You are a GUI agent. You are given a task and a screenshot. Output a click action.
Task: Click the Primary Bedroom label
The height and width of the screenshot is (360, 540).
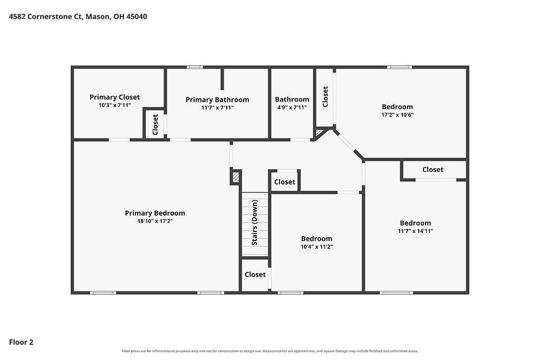(x=155, y=213)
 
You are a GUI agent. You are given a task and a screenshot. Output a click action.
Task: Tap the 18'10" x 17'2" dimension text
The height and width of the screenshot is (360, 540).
(x=155, y=221)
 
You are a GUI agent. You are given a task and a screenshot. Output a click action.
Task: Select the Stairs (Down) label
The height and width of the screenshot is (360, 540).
(x=255, y=222)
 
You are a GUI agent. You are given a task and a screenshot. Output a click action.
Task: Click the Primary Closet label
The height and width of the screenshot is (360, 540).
(x=114, y=97)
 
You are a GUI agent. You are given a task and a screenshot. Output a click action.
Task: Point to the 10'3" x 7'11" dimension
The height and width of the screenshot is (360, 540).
(x=114, y=105)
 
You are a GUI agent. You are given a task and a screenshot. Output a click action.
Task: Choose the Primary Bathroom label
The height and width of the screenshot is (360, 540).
(x=217, y=100)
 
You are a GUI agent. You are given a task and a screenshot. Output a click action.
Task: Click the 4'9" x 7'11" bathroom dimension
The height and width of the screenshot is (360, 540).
(x=292, y=108)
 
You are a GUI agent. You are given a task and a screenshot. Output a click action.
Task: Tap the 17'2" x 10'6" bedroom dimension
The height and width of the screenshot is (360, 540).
(x=398, y=115)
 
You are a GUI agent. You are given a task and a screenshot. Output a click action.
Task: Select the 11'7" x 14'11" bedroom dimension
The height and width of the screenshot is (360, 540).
(x=416, y=231)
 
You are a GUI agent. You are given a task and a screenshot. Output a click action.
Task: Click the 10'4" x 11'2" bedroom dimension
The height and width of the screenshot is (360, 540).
(x=316, y=247)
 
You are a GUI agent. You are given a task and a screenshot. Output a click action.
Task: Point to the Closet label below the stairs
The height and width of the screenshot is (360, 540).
(x=255, y=275)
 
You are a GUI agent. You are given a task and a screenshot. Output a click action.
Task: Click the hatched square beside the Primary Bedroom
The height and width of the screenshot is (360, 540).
(x=236, y=177)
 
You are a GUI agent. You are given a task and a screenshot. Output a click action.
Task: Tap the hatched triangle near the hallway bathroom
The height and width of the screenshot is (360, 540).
(x=319, y=132)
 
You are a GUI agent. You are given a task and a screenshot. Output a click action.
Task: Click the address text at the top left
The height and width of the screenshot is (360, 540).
(x=78, y=16)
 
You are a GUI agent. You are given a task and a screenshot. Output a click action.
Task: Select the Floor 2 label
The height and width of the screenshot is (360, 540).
(x=21, y=342)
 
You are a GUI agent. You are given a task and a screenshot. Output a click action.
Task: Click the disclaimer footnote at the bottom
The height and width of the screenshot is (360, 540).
(x=270, y=351)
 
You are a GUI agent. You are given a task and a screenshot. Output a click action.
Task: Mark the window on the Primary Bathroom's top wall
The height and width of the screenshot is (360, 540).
(x=195, y=67)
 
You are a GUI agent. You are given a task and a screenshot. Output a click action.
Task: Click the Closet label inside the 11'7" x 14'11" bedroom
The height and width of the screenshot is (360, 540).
(x=433, y=170)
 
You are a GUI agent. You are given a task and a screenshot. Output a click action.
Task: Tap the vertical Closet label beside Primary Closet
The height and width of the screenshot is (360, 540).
(x=155, y=124)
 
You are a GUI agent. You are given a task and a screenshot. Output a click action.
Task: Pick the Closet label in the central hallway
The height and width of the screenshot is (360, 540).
(x=284, y=182)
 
